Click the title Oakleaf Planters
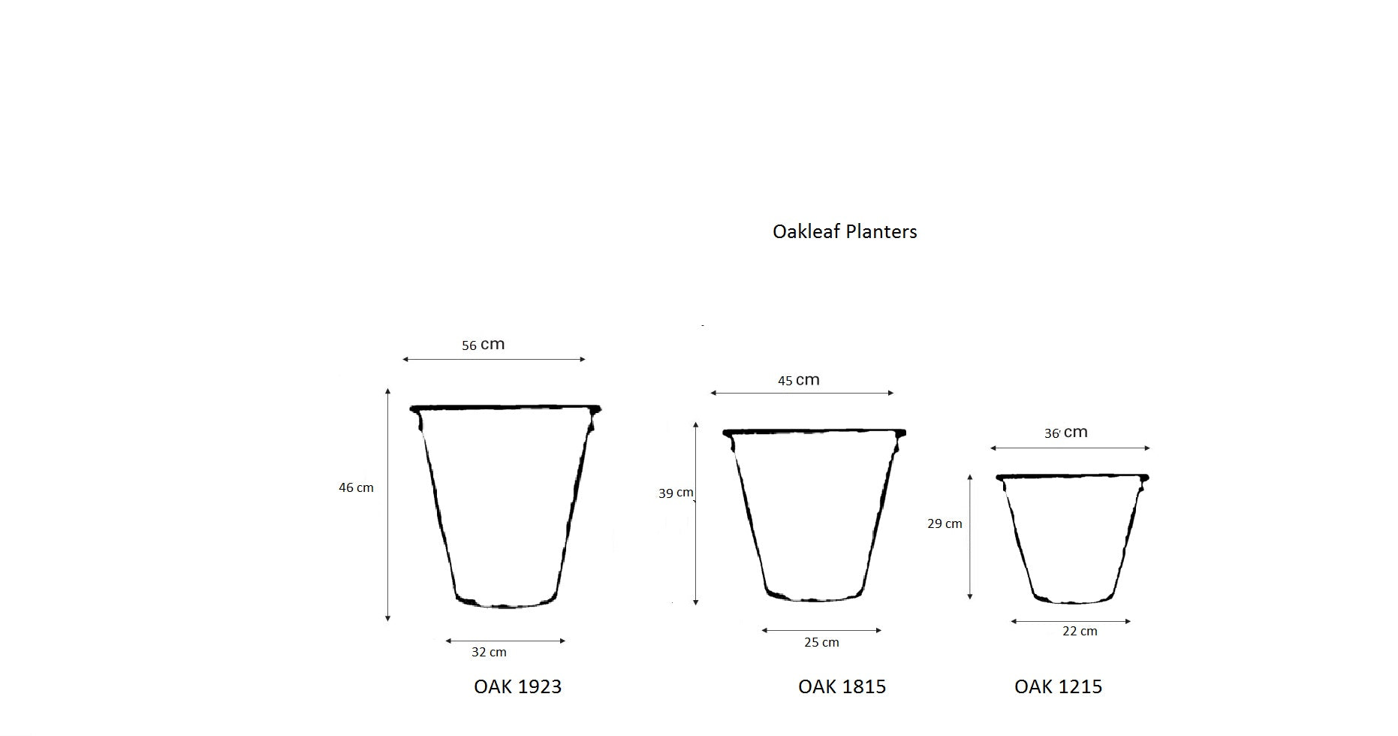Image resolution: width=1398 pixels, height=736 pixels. tap(845, 231)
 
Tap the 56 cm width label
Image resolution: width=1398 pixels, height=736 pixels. tap(483, 345)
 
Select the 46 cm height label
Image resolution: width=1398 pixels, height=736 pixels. tap(356, 487)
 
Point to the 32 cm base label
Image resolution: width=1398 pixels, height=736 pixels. tap(489, 652)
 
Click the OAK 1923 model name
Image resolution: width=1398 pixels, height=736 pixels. tap(517, 686)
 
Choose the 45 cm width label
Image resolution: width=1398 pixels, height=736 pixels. tap(798, 380)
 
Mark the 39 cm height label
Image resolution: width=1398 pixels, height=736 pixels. tap(676, 493)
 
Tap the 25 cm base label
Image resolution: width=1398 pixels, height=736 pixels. tap(821, 642)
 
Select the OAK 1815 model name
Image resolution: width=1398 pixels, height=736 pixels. tap(842, 686)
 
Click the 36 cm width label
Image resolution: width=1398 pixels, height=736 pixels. tap(1065, 433)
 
